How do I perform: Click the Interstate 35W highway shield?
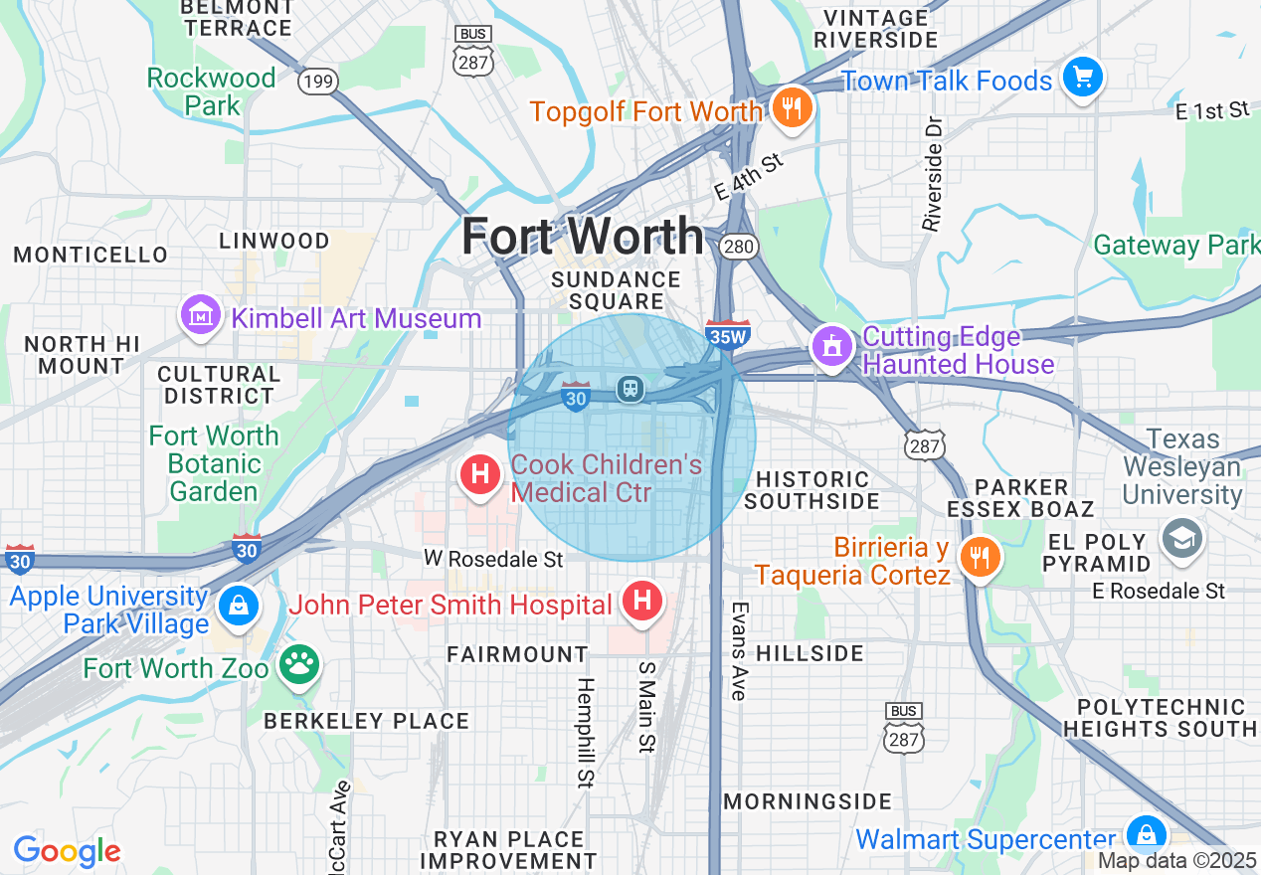click(x=726, y=335)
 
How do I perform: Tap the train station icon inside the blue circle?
click(x=630, y=388)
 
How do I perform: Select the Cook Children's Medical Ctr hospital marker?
click(x=480, y=474)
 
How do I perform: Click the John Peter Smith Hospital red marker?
click(x=642, y=600)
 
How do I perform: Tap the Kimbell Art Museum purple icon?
click(x=201, y=315)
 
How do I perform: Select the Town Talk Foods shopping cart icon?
click(x=1082, y=78)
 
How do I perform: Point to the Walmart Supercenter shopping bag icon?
click(x=1146, y=834)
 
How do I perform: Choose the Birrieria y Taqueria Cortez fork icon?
click(x=980, y=557)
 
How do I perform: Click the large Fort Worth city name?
click(x=583, y=237)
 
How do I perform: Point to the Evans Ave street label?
click(x=739, y=650)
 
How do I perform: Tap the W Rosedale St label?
click(x=493, y=560)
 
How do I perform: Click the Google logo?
click(x=67, y=851)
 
